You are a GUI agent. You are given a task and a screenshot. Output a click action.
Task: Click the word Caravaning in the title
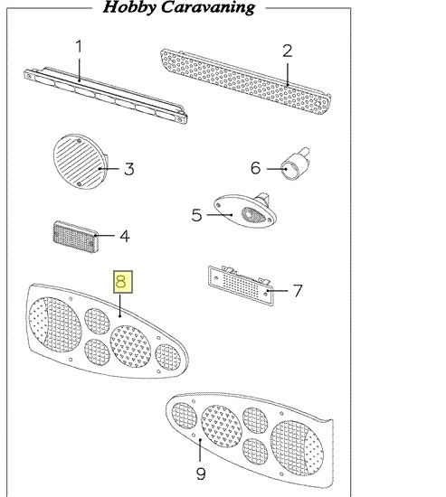(208, 7)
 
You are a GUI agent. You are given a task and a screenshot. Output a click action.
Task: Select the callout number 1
(79, 46)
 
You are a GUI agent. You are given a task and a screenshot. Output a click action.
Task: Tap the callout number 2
(288, 51)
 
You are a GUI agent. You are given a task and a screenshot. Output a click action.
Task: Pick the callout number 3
(128, 169)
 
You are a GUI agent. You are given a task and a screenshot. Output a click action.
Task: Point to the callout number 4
(125, 237)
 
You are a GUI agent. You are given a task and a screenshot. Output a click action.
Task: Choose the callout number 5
(196, 215)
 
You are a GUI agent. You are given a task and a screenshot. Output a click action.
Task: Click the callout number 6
(255, 168)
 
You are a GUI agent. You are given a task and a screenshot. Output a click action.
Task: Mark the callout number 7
(298, 291)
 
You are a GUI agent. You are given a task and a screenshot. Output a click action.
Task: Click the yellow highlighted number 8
(123, 282)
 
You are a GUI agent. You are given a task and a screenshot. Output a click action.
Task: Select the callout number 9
(201, 474)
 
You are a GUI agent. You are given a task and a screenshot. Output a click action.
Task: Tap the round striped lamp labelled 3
(81, 162)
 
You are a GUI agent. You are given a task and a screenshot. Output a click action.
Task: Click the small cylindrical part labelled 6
(295, 164)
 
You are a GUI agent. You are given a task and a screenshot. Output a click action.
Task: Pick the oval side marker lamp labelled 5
(245, 211)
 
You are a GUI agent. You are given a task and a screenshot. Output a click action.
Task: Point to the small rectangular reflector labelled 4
(76, 237)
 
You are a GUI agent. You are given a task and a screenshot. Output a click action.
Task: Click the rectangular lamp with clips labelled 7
(241, 286)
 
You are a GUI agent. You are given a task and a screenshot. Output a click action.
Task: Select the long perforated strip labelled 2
(246, 81)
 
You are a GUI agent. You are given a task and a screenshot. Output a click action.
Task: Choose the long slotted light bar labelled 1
(105, 96)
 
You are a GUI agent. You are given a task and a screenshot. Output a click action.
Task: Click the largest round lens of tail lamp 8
(55, 324)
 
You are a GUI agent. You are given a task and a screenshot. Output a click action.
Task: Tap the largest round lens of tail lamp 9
(297, 448)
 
